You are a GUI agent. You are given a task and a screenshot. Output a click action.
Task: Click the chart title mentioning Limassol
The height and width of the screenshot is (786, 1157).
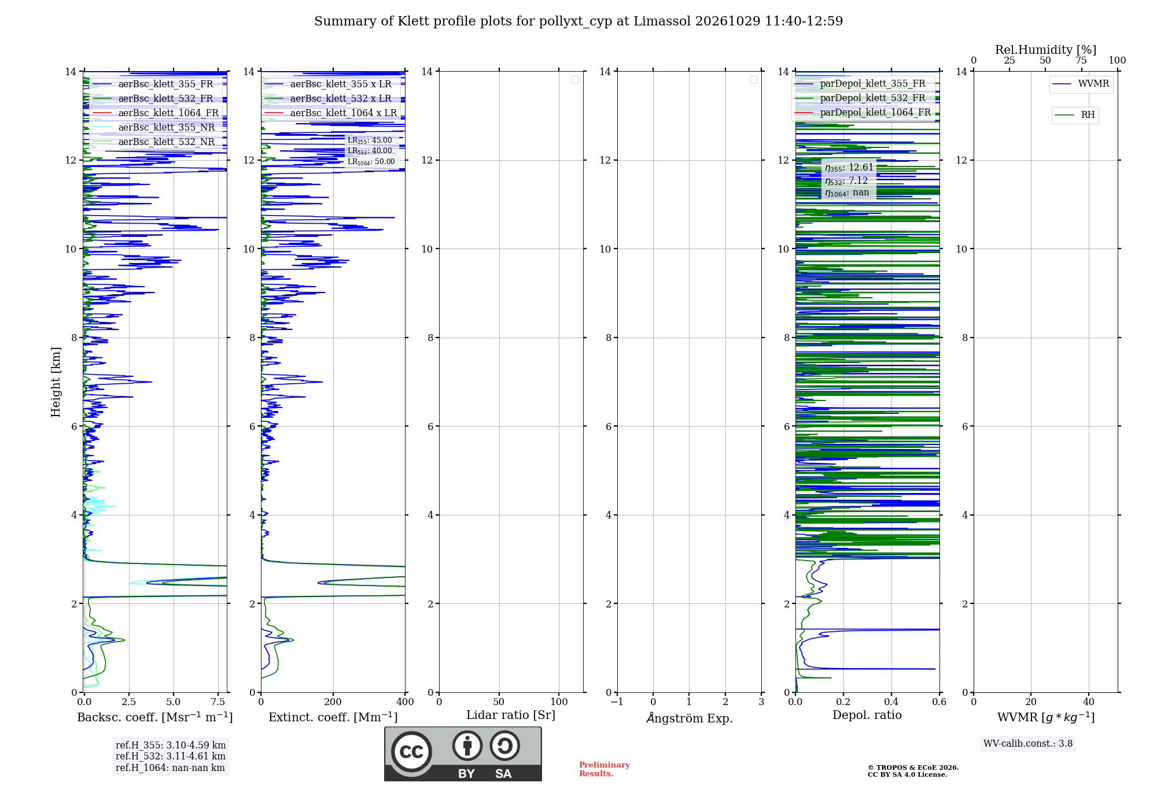(578, 21)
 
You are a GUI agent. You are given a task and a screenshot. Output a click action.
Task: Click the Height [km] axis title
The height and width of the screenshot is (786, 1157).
(56, 382)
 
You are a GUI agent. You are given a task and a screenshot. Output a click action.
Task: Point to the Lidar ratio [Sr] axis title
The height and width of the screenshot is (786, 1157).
(511, 715)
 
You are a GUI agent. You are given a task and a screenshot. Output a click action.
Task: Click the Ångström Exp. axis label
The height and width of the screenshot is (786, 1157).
(690, 717)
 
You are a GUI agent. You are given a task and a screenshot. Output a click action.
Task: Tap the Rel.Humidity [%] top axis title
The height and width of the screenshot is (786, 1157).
(1046, 50)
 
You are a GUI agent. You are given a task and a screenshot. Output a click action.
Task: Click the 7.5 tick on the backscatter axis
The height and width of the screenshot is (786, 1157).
(218, 702)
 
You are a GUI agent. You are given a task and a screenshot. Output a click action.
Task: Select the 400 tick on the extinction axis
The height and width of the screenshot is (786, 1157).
(405, 702)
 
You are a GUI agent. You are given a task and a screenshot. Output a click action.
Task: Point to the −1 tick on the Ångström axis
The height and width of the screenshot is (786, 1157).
(617, 702)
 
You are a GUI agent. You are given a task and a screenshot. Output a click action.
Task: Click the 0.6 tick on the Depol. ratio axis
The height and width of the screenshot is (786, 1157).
(939, 702)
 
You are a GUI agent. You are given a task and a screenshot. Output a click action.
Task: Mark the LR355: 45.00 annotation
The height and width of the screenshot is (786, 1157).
(370, 140)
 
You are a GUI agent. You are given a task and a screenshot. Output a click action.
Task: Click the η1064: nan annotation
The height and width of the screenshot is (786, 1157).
(847, 193)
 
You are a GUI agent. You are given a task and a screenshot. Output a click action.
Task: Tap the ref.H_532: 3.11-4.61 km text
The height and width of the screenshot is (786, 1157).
(171, 756)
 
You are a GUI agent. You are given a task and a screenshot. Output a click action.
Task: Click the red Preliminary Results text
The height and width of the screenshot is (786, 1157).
(605, 769)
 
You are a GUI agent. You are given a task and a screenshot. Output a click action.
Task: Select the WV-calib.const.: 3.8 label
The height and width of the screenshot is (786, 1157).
(1028, 744)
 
